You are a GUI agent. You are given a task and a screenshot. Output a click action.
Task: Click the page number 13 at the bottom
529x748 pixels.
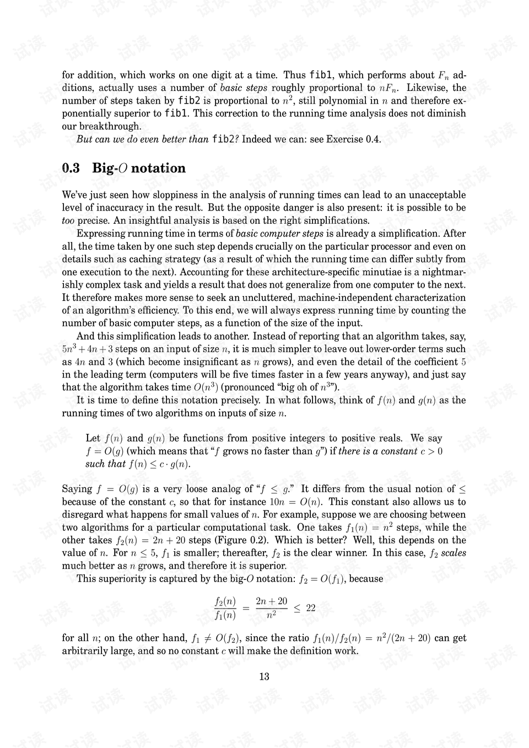coord(264,677)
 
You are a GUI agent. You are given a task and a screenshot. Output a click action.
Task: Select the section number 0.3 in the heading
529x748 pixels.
coord(71,168)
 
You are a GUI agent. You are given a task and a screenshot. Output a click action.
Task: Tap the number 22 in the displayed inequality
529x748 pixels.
coord(311,608)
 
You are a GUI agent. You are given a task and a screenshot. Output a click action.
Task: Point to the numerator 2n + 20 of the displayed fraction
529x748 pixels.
coord(272,601)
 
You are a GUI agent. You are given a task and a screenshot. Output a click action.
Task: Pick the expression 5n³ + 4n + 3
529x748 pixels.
coord(87,349)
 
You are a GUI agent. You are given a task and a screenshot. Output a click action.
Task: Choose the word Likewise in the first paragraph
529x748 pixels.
coord(428,88)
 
